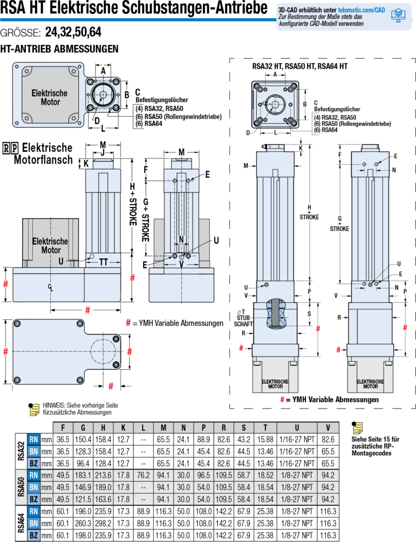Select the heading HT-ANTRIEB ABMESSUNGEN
pyautogui.click(x=60, y=49)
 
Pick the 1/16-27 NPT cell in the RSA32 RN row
pyautogui.click(x=297, y=439)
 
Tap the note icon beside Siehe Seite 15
pyautogui.click(x=357, y=427)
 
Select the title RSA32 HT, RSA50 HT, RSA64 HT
pyautogui.click(x=300, y=67)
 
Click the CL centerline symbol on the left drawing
pyautogui.click(x=50, y=287)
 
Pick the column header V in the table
pyautogui.click(x=328, y=427)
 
